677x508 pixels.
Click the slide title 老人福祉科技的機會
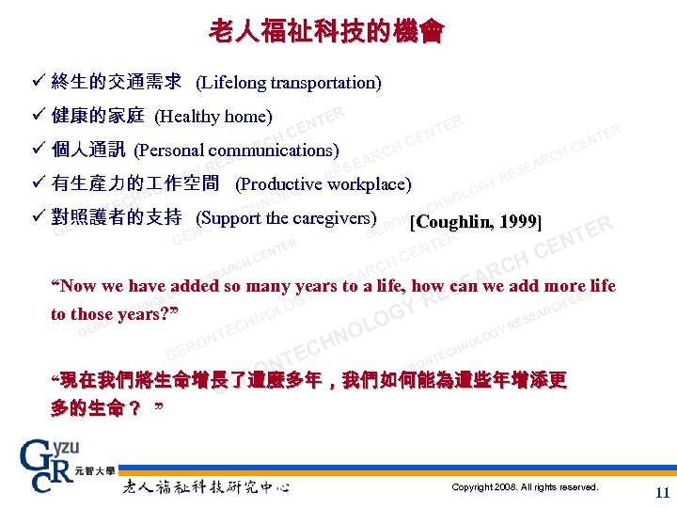[x=325, y=31]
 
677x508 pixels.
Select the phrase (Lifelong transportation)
[x=288, y=83]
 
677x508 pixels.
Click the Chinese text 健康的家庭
[x=98, y=117]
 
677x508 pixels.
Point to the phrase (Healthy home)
[x=213, y=117]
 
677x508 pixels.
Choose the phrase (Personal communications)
[x=236, y=151]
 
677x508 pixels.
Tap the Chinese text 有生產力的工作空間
[x=135, y=184]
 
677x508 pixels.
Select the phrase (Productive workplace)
[x=323, y=184]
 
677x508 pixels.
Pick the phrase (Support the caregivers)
[x=286, y=218]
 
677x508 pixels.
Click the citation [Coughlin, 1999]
[x=476, y=222]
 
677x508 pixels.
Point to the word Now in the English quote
[x=78, y=286]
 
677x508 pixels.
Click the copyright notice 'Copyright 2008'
[x=524, y=487]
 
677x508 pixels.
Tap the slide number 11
[x=662, y=492]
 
